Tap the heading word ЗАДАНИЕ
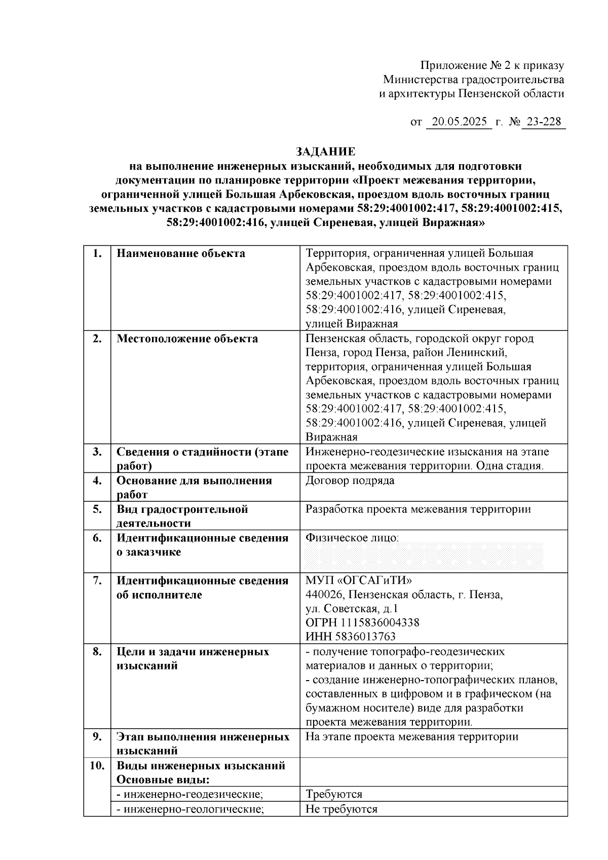click(x=325, y=152)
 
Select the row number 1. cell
click(x=97, y=253)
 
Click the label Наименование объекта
click(x=180, y=253)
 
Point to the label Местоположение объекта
click(x=187, y=339)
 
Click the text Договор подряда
click(x=350, y=480)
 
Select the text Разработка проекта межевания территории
click(x=418, y=509)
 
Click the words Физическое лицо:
click(x=352, y=538)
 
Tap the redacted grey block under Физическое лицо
click(x=424, y=556)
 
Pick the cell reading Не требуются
click(x=341, y=809)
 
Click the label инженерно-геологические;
click(x=191, y=809)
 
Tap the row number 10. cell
click(x=97, y=765)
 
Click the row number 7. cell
click(x=97, y=580)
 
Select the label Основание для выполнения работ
click(x=194, y=487)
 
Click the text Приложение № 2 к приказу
click(x=492, y=65)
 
